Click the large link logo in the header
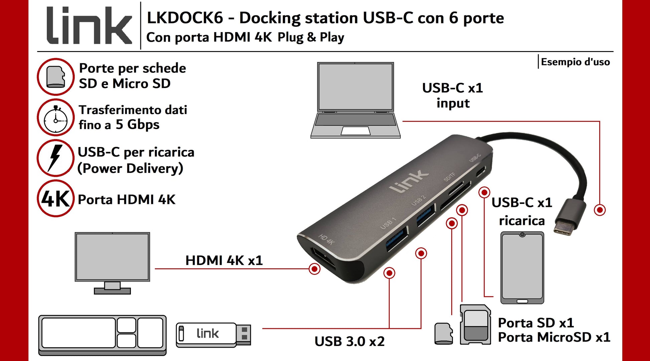89,26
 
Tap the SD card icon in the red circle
55,77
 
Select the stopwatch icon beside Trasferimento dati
55,118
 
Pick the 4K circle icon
55,199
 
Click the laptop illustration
355,100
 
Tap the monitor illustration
112,262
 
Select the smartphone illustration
522,268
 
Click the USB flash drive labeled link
213,334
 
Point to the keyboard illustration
102,334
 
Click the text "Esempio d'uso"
575,62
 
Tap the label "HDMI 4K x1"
224,260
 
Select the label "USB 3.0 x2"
349,341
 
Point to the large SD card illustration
475,325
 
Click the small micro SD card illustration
444,333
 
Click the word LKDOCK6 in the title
185,18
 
